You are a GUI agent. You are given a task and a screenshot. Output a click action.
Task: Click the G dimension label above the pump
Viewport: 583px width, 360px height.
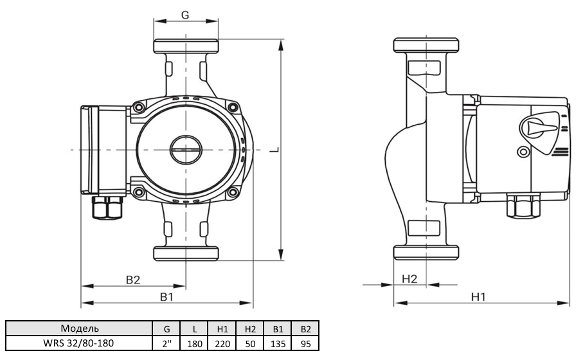coord(184,16)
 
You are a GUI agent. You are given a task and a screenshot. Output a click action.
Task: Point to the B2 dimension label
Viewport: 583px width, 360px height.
coord(133,280)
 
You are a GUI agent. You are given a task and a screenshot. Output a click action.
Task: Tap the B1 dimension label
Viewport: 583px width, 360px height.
coord(166,297)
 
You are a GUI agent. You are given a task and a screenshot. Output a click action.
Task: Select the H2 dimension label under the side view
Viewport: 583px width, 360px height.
coord(409,279)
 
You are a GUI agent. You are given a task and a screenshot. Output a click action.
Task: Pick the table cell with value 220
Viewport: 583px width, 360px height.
coord(223,343)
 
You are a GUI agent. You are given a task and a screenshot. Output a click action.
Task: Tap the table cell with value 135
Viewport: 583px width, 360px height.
coord(278,343)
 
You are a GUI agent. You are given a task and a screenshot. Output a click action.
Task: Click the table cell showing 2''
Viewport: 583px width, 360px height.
coord(167,343)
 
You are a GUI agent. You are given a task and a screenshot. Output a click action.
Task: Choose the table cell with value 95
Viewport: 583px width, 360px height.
coord(305,343)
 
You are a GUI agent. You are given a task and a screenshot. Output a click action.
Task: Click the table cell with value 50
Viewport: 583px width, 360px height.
coord(250,343)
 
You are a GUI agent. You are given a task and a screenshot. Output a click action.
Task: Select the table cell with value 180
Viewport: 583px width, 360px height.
coord(195,343)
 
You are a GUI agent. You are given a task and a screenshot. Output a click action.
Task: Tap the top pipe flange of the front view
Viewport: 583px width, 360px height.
coord(185,46)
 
